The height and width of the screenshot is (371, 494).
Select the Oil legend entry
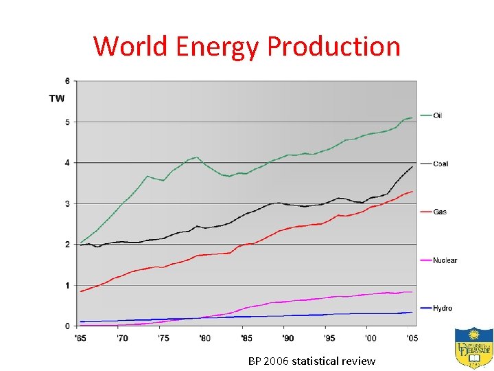[437, 115]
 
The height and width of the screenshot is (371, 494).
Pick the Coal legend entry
[440, 164]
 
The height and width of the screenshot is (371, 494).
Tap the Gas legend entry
[439, 212]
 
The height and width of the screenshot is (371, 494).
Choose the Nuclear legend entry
[444, 260]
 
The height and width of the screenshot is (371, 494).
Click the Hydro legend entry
[442, 308]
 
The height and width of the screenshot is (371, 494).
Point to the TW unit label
[57, 98]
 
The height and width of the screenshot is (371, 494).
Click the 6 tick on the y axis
[67, 81]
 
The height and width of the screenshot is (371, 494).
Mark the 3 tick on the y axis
[67, 204]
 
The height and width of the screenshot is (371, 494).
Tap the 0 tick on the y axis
[67, 326]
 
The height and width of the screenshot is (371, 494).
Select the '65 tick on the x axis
[80, 338]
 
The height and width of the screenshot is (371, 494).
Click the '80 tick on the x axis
[204, 338]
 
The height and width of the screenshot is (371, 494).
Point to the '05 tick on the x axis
[412, 338]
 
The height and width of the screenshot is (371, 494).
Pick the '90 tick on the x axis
[287, 338]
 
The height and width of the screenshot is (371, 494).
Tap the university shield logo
[473, 347]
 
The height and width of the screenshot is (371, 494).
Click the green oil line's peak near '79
[198, 157]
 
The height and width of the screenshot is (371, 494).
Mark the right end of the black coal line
[412, 166]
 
